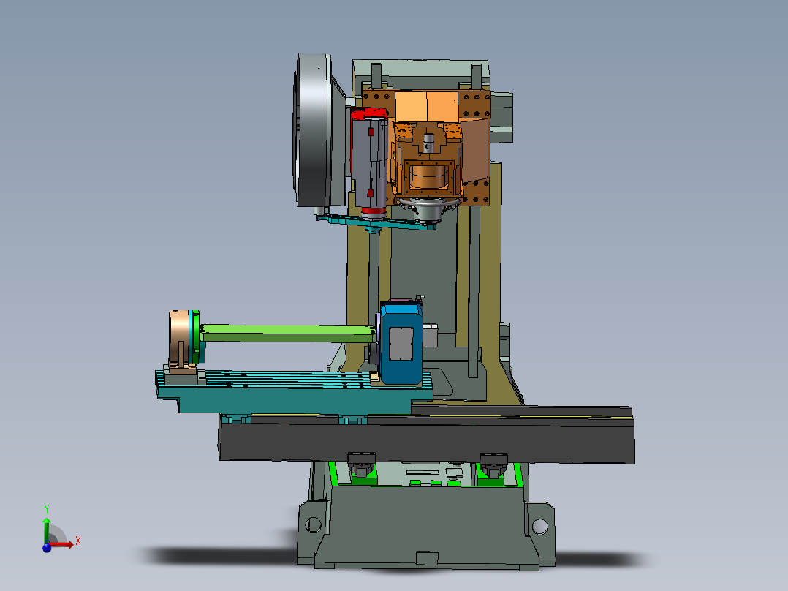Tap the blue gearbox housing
point(401,344)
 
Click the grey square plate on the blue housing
point(401,344)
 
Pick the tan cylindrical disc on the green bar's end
point(179,338)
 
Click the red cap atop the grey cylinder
point(368,113)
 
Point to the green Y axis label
point(47,509)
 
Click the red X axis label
point(78,541)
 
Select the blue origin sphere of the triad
point(47,547)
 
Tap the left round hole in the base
point(313,524)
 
